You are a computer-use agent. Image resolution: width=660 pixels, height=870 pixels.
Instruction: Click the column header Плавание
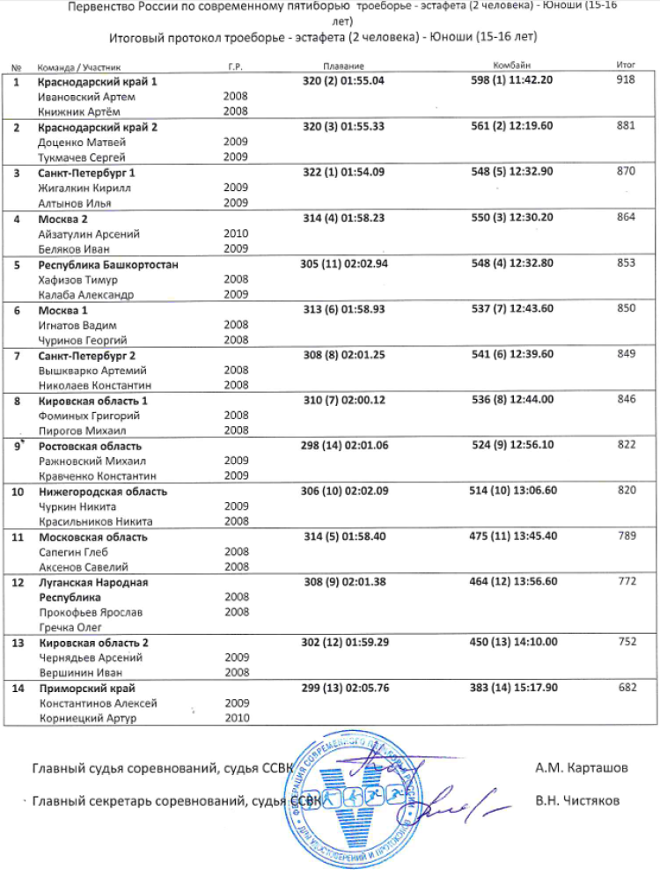click(x=343, y=67)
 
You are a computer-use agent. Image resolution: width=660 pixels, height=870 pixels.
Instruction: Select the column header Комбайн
click(x=511, y=67)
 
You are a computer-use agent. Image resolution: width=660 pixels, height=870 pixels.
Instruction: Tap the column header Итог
click(x=627, y=67)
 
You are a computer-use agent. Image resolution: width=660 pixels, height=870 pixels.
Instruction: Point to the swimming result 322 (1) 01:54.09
click(x=343, y=172)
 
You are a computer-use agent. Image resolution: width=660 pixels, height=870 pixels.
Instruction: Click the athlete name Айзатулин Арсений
click(x=89, y=234)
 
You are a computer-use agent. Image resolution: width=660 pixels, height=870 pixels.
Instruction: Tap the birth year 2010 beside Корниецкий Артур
click(x=236, y=718)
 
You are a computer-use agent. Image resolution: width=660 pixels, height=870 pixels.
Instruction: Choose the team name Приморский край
click(x=86, y=688)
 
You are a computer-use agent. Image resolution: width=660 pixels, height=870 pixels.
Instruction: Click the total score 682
click(x=627, y=688)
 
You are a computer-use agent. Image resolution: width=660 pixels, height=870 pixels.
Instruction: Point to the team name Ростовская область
click(x=90, y=446)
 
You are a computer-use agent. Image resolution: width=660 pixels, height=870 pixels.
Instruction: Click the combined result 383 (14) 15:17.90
click(x=511, y=688)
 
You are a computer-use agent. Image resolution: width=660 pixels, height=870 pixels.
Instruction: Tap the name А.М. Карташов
click(x=582, y=768)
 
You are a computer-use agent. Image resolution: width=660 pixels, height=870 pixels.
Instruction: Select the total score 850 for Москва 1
click(x=627, y=310)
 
